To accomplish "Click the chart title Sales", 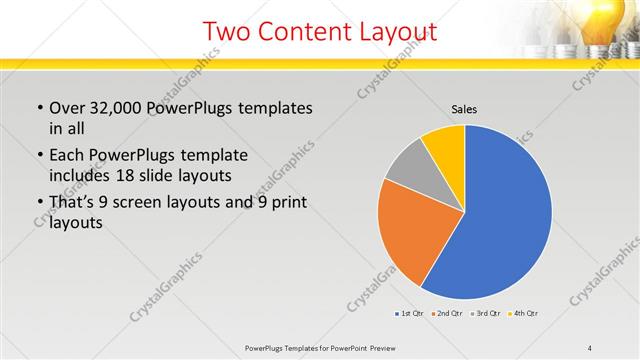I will [465, 108].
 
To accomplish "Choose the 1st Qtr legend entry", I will [410, 314].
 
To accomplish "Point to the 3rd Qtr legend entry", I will [486, 314].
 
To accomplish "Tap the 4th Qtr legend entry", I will [525, 314].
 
